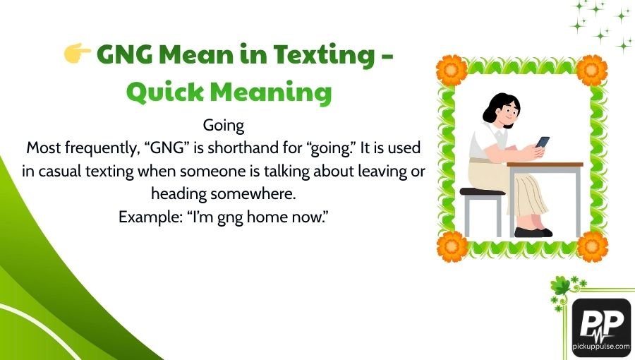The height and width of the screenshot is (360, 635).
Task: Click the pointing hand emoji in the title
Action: [x=76, y=54]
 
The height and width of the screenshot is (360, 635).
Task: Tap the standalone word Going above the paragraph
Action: [x=223, y=126]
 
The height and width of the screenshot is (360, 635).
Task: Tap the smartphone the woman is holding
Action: [x=542, y=141]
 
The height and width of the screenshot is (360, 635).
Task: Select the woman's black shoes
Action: [x=533, y=232]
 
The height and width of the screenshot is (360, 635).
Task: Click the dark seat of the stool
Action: [x=482, y=191]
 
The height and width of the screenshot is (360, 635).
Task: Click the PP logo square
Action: [x=601, y=326]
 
